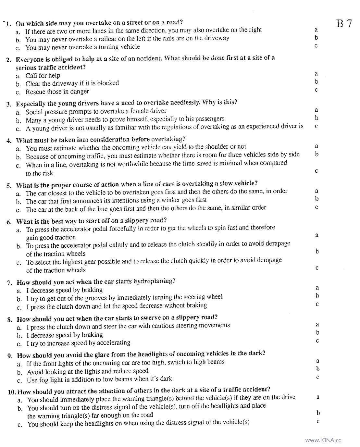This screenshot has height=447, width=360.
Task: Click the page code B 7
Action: coord(344,24)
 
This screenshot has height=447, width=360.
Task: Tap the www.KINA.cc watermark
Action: coord(323,441)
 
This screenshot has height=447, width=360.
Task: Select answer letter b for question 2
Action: coord(317,81)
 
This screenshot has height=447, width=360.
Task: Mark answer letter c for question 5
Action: coord(317,207)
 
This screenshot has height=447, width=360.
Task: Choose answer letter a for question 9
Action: coord(317,361)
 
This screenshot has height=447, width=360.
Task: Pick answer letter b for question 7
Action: coord(317,296)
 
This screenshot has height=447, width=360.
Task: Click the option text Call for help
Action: coord(43,75)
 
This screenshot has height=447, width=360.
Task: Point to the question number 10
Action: coord(11,392)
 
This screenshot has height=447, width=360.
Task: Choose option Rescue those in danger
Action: coord(57,92)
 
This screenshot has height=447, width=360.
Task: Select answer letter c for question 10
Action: coord(318,421)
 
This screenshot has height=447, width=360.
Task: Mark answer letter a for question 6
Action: coord(317,235)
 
